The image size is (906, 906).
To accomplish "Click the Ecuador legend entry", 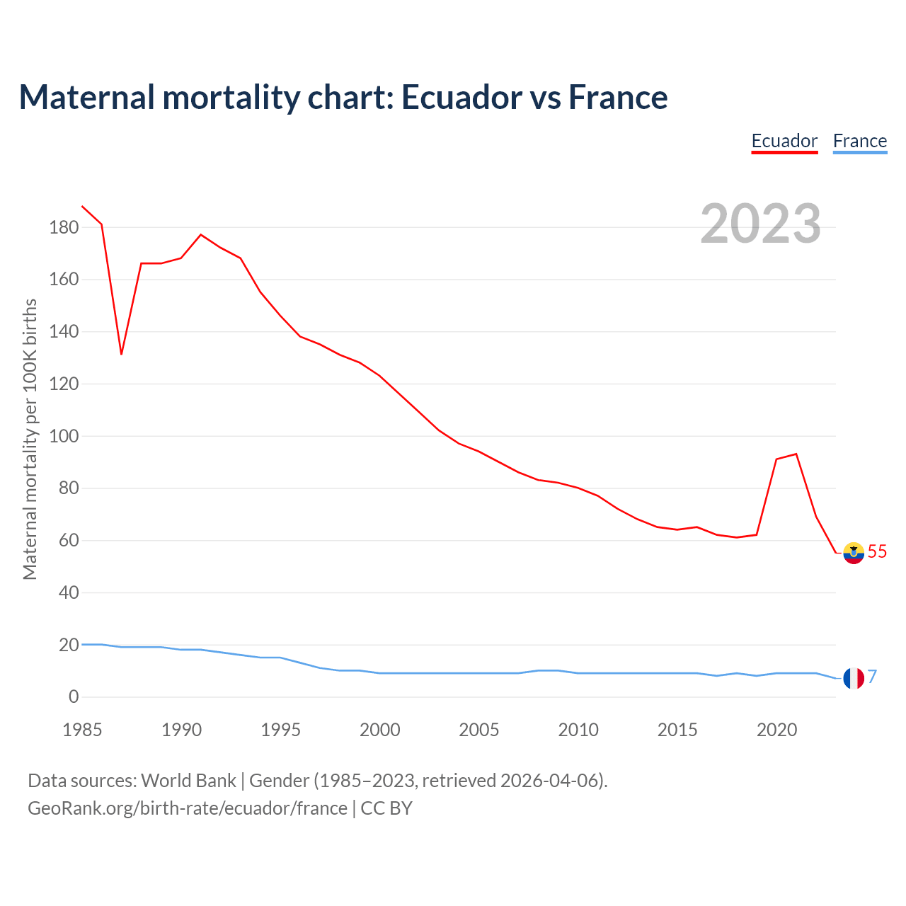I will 784,141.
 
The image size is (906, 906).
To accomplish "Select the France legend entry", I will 859,141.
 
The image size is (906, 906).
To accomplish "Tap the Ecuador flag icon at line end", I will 854,552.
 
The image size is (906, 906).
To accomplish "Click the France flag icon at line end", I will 854,678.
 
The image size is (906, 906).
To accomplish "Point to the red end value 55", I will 877,551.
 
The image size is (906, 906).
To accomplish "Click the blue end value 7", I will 873,677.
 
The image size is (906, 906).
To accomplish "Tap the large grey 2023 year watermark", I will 761,224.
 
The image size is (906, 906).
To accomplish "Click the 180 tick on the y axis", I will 64,228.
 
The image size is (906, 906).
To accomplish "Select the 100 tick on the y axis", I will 64,436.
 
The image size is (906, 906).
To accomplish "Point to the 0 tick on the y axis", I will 74,697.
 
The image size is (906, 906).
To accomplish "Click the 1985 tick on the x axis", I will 82,730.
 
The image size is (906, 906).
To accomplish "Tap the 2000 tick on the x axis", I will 380,730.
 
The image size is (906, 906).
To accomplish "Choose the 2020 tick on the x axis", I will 776,730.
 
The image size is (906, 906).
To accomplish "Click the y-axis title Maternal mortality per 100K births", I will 30,439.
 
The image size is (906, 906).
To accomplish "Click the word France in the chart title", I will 618,97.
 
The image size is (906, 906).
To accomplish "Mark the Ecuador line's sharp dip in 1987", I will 122,353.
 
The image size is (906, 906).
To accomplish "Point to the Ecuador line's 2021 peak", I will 796,454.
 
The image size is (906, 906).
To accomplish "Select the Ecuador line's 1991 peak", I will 201,235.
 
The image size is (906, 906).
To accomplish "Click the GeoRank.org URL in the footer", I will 188,808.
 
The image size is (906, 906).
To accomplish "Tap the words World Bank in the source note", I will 188,781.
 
